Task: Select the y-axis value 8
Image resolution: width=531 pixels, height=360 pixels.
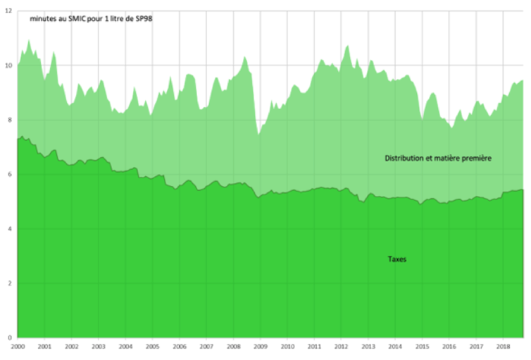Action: coord(8,120)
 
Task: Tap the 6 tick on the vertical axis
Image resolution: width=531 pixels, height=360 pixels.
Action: coord(8,175)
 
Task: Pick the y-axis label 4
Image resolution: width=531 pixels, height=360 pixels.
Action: coord(8,229)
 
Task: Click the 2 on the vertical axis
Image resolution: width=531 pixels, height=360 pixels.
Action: coord(8,283)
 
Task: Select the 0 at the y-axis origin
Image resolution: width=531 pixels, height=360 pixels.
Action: coord(8,337)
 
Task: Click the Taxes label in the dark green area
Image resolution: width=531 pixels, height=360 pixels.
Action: coord(396,259)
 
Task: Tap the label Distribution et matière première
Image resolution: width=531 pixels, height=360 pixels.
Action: coord(437,159)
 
